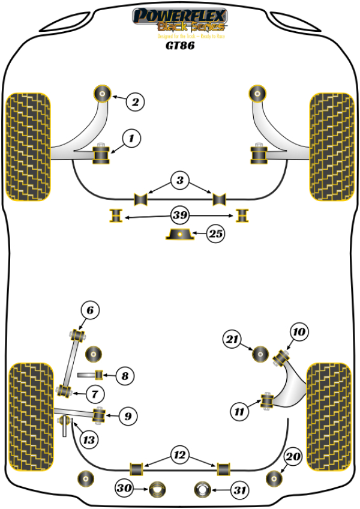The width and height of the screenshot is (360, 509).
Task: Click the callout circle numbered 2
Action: click(x=136, y=102)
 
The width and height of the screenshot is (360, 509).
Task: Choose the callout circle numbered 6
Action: click(x=90, y=310)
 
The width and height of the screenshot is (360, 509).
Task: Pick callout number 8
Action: click(x=124, y=376)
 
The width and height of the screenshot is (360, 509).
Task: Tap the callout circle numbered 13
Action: click(x=88, y=440)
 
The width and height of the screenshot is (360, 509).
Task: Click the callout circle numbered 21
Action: click(x=232, y=340)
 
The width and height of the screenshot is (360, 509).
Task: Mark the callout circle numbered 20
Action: click(x=292, y=457)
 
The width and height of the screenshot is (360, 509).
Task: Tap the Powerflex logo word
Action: click(x=180, y=16)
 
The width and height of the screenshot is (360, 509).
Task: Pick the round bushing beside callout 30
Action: click(x=158, y=490)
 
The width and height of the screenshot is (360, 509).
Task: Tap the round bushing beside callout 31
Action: click(x=203, y=490)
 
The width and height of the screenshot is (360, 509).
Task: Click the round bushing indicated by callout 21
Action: click(x=260, y=354)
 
